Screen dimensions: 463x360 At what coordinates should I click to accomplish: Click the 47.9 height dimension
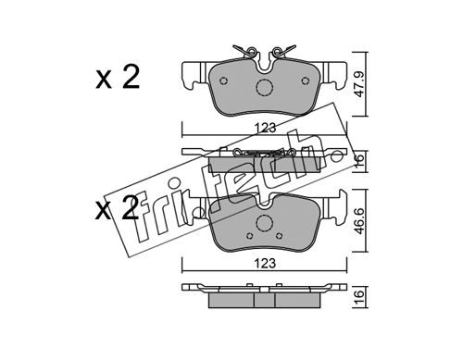coord(360,84)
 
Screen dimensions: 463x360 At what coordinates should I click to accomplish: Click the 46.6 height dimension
coord(360,220)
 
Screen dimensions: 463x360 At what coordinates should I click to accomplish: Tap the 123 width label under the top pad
coord(265,128)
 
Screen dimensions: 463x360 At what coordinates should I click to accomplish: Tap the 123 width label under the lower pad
coord(265,264)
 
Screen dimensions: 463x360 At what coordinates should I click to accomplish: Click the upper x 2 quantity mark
coord(118,78)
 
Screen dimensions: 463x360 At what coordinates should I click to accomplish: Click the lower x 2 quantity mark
coord(117,208)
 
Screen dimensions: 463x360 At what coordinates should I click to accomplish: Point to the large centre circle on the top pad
coord(265,88)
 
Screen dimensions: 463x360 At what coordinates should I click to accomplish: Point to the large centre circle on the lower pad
coord(265,222)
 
